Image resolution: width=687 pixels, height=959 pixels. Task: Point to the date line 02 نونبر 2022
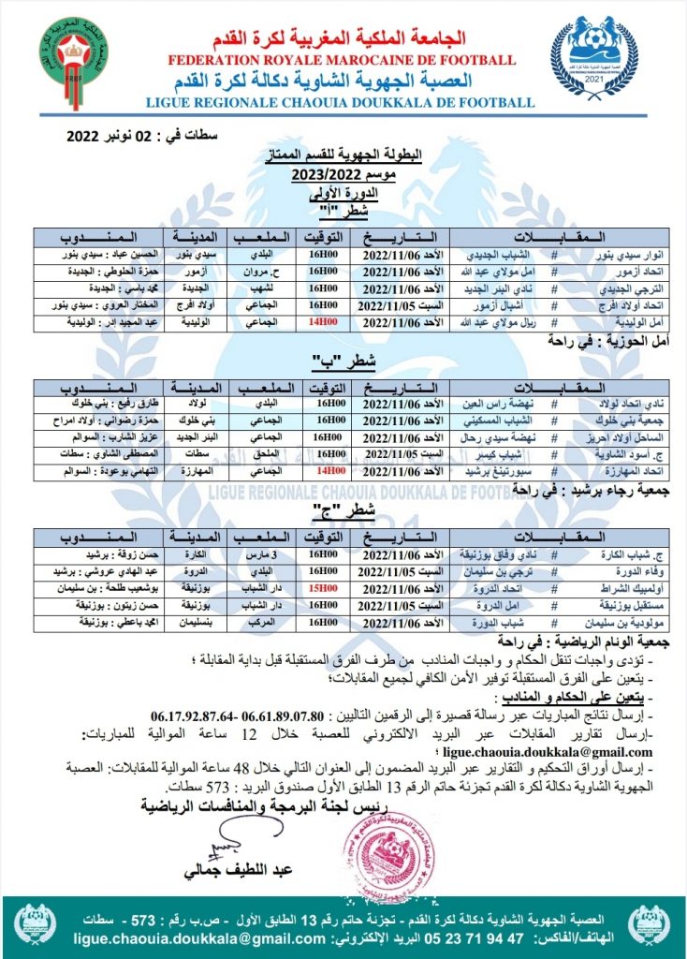pyautogui.click(x=141, y=137)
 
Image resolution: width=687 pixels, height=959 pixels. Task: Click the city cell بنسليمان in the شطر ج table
pyautogui.click(x=191, y=622)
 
